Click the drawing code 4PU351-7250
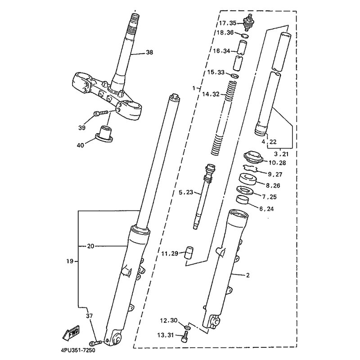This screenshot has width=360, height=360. [78, 351]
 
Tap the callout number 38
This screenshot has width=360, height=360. [149, 52]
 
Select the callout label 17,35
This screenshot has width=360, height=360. [228, 23]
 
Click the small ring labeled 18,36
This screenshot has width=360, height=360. [245, 36]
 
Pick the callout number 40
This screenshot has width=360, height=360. [81, 145]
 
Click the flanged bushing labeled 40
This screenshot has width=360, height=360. [104, 134]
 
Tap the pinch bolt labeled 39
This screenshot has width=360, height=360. [101, 113]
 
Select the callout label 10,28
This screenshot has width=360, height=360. [277, 163]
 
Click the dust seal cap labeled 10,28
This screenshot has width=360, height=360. [252, 158]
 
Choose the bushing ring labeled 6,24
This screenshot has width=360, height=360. [243, 199]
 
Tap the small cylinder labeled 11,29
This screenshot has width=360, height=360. [189, 252]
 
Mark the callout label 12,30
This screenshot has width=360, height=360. [169, 320]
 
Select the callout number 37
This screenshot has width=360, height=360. [89, 316]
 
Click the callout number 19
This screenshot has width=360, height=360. [70, 261]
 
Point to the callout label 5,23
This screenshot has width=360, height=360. [186, 192]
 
